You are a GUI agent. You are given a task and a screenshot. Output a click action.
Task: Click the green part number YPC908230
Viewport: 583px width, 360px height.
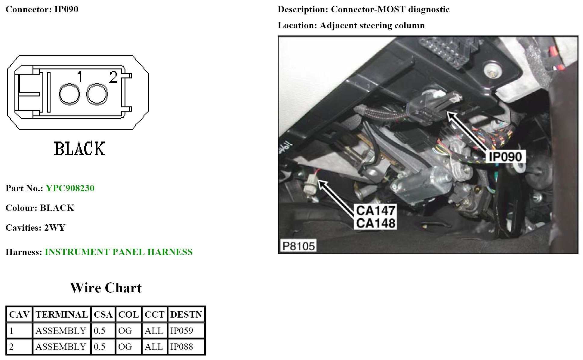(x=70, y=188)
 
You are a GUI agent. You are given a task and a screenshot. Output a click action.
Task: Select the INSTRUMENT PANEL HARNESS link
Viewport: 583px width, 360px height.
(x=119, y=252)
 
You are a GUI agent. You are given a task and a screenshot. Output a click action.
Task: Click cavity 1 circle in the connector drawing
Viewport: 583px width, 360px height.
(x=69, y=94)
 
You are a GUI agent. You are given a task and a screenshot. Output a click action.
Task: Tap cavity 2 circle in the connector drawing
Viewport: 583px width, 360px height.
(x=97, y=94)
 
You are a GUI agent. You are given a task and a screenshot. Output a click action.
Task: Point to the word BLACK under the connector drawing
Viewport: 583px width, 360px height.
(x=79, y=149)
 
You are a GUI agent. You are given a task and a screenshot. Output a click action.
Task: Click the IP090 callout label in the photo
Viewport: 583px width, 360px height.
(x=505, y=157)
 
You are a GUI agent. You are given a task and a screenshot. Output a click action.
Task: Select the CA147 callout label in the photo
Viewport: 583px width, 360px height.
(x=375, y=211)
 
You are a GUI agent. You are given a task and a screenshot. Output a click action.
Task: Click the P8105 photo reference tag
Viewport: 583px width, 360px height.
(x=298, y=246)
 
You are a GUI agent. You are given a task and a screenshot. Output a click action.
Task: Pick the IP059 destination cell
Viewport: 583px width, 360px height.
(x=186, y=331)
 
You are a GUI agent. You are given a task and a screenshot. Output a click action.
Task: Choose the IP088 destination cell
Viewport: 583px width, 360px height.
(x=186, y=347)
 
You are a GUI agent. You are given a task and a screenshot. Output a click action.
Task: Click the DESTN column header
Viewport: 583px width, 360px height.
(x=186, y=315)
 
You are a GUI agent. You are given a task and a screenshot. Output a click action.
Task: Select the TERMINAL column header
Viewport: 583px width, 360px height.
(x=62, y=315)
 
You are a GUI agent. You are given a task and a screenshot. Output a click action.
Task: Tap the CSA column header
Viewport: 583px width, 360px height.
(x=103, y=315)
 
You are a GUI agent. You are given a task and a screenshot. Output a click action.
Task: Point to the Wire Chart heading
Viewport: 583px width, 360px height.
(x=106, y=288)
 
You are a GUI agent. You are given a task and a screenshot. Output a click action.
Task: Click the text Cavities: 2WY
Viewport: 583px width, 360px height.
(x=35, y=228)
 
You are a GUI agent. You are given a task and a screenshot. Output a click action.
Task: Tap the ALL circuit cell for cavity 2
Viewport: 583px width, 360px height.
(x=154, y=347)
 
